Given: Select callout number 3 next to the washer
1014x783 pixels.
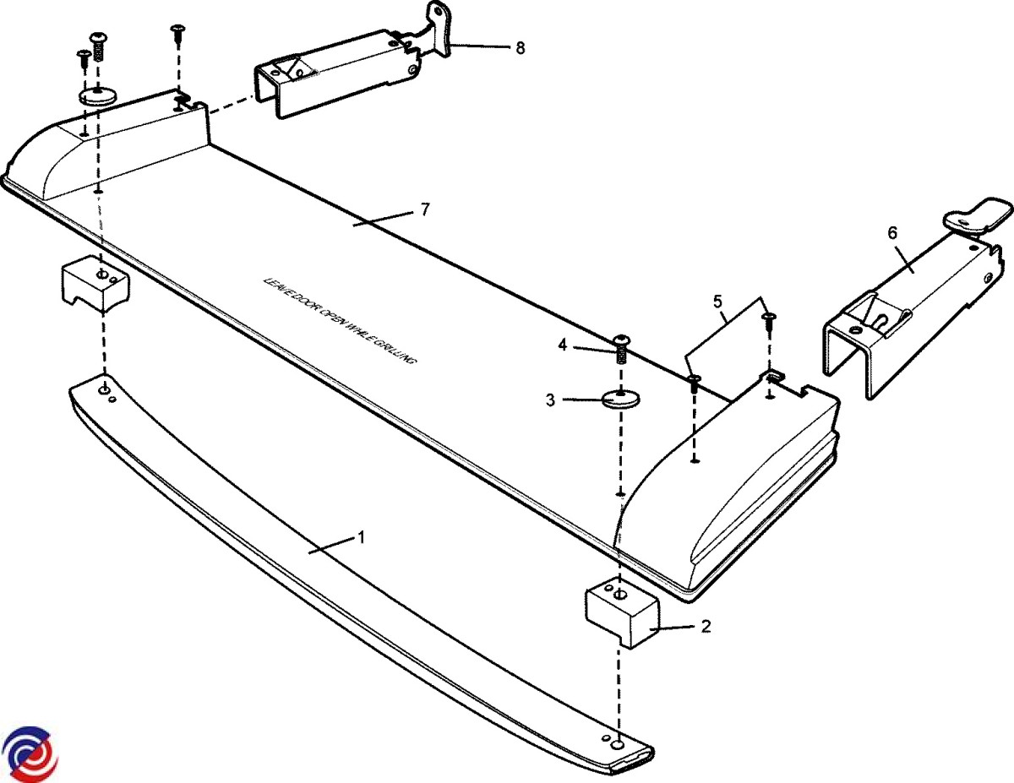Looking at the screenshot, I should (550, 400).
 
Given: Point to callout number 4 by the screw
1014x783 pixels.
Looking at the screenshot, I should (561, 344).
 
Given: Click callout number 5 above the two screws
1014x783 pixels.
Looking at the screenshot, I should (718, 300).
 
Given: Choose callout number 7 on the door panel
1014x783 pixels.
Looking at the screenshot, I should (425, 209).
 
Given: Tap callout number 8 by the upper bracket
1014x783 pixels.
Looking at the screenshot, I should (520, 48).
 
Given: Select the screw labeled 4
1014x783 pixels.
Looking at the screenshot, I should (621, 345).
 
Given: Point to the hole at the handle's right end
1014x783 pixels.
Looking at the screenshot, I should (617, 745).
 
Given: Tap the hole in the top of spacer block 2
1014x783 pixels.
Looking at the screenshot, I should (620, 595).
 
